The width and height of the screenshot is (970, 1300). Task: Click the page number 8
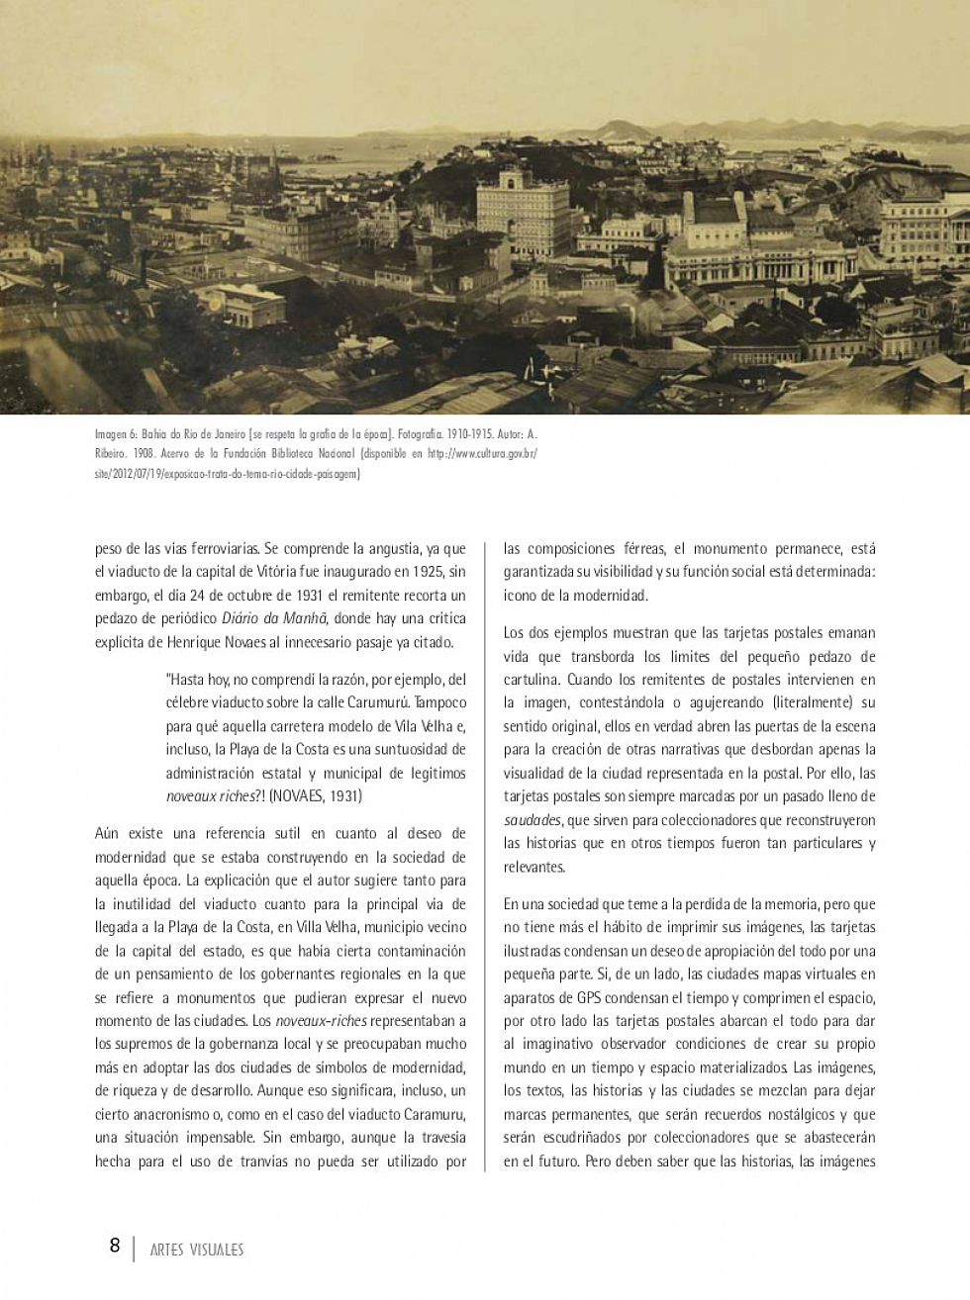click(115, 1246)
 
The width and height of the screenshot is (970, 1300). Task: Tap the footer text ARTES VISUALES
click(197, 1250)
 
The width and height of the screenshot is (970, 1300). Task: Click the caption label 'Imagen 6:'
click(117, 433)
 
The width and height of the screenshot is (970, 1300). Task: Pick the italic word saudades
click(532, 820)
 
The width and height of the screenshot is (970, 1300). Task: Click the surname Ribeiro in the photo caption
click(114, 453)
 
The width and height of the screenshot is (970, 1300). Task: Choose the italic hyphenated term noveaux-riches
click(321, 1020)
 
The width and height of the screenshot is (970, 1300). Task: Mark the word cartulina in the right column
click(534, 680)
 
